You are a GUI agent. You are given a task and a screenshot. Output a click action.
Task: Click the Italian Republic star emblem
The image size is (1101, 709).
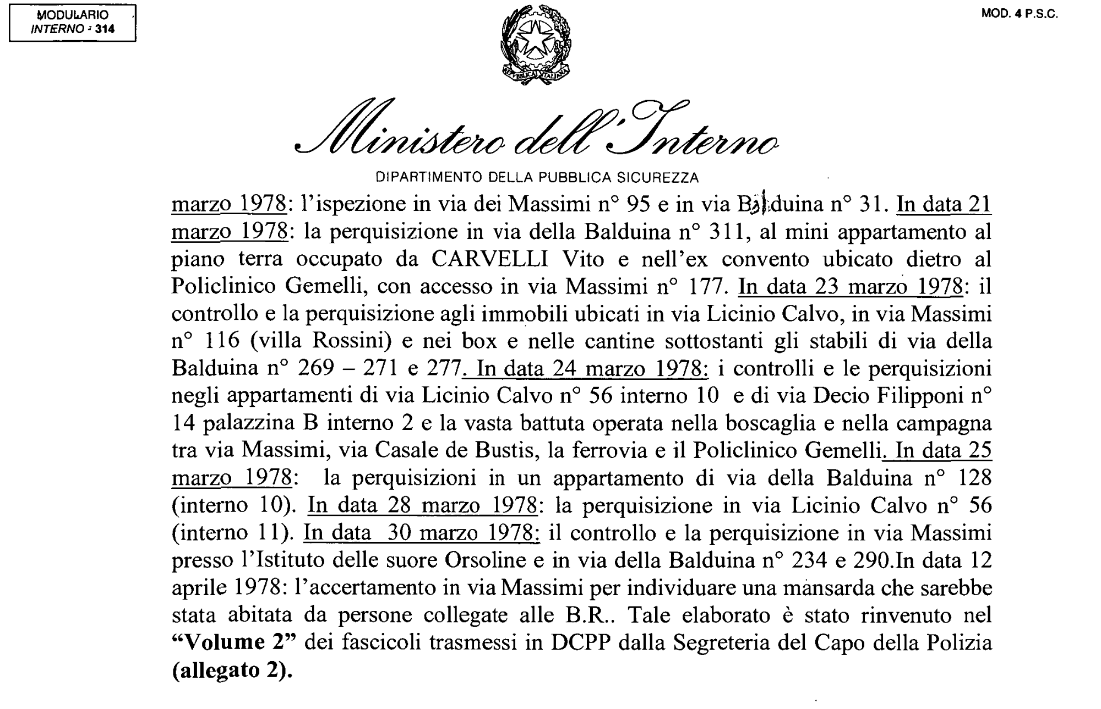click(535, 45)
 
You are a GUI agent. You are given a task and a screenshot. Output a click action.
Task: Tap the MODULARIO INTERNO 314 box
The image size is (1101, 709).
click(73, 23)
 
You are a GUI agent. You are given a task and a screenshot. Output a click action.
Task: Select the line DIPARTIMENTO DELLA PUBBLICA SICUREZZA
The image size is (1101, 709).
click(537, 178)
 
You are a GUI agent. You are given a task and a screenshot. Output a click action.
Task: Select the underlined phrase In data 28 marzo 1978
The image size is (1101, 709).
click(422, 505)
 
